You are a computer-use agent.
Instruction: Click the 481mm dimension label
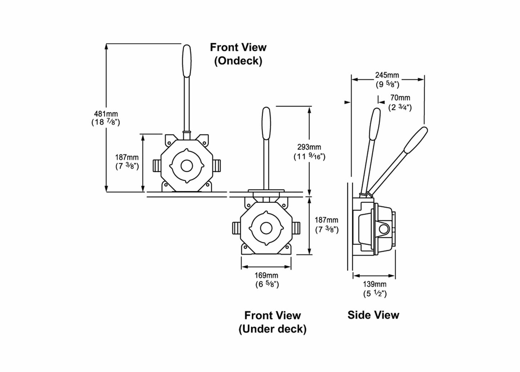pyautogui.click(x=106, y=114)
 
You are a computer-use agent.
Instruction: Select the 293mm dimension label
pyautogui.click(x=309, y=147)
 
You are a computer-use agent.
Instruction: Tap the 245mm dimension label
pyautogui.click(x=387, y=75)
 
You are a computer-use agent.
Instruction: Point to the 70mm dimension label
pyautogui.click(x=400, y=98)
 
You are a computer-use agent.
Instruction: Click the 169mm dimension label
pyautogui.click(x=267, y=276)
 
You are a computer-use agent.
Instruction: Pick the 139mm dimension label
pyautogui.click(x=375, y=284)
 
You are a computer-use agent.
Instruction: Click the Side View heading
pyautogui.click(x=373, y=315)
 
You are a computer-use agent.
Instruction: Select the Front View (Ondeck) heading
pyautogui.click(x=238, y=54)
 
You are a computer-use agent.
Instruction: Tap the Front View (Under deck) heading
pyautogui.click(x=272, y=322)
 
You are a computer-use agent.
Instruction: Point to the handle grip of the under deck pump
pyautogui.click(x=266, y=124)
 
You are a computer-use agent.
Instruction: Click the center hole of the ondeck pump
pyautogui.click(x=186, y=166)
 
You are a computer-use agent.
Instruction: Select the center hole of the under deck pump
pyautogui.click(x=266, y=228)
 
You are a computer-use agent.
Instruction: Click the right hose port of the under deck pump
pyautogui.click(x=296, y=228)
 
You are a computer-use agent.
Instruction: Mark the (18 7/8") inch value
pyautogui.click(x=106, y=122)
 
